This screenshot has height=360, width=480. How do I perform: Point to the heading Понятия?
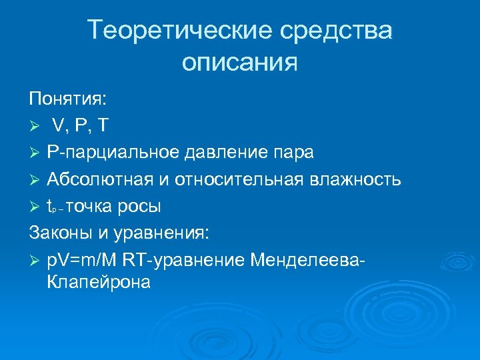[x=67, y=99]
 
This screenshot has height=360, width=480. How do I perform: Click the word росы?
[x=139, y=207]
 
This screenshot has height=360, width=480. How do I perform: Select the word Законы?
[x=60, y=233]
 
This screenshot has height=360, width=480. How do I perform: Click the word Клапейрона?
[x=99, y=282]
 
